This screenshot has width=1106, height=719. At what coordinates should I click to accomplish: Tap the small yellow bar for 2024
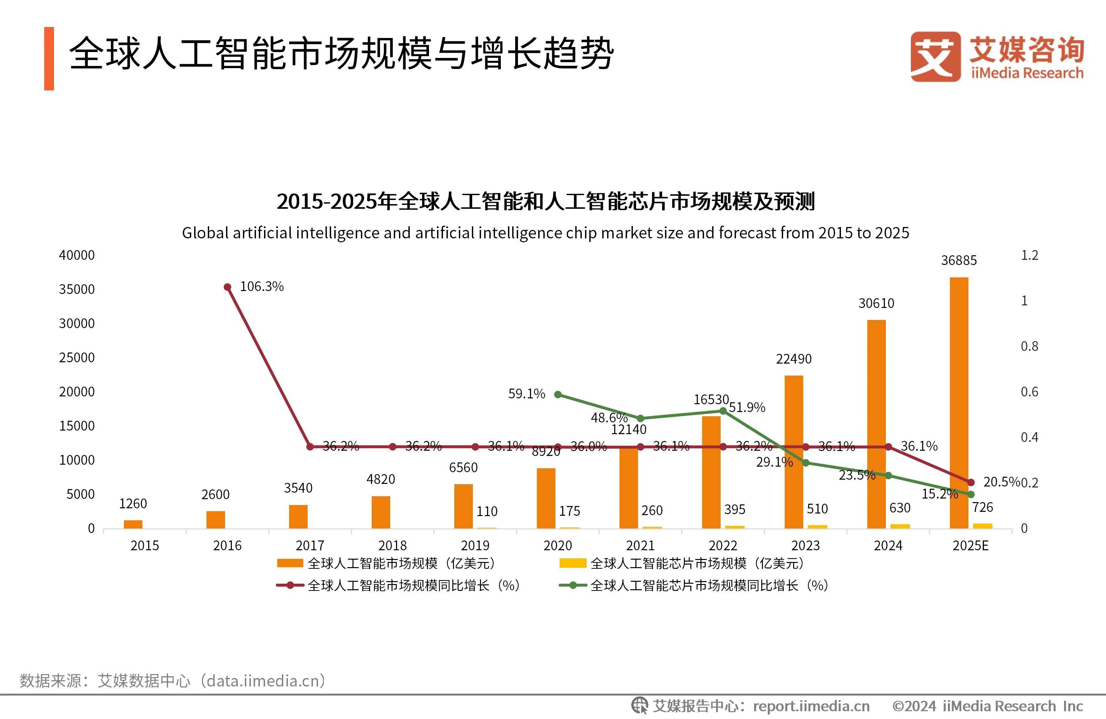click(900, 526)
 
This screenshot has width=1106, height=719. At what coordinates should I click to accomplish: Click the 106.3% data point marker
click(228, 287)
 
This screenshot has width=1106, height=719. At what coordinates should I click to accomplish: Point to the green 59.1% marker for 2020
click(558, 394)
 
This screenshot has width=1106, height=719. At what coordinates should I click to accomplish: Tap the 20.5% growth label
click(1001, 482)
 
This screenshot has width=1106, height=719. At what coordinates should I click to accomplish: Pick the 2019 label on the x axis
click(475, 546)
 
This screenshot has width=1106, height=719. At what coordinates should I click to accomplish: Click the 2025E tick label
click(970, 546)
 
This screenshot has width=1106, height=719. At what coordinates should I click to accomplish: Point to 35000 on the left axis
click(77, 289)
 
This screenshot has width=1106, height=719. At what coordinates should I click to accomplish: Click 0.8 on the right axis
click(1029, 346)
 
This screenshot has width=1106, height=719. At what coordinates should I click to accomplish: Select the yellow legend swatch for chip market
click(573, 563)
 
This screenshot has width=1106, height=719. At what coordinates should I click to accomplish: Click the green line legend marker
click(573, 585)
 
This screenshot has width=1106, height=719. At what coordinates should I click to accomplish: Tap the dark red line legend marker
click(290, 585)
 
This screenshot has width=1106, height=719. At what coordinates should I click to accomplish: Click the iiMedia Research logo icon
click(935, 57)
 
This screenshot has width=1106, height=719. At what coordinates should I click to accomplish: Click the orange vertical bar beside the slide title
click(49, 59)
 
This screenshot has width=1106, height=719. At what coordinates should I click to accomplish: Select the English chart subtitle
click(545, 233)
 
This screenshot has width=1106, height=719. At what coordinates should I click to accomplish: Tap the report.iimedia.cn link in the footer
click(811, 706)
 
